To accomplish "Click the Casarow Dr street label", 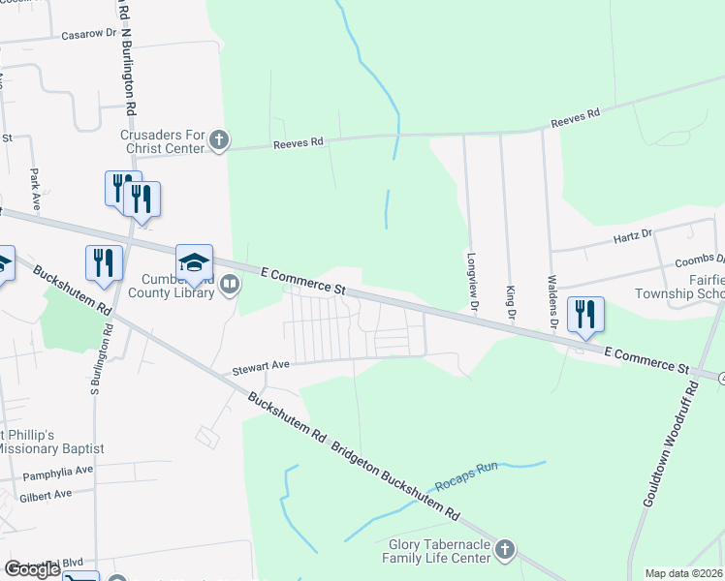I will [x=89, y=33].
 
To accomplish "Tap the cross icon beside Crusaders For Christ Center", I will [x=219, y=140].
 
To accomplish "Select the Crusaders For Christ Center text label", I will [x=163, y=141].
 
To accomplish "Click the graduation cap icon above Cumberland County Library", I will [x=194, y=261].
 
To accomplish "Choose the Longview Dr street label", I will [x=474, y=281].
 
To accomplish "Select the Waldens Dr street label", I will [x=552, y=301].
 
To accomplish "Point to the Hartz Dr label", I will [x=634, y=235].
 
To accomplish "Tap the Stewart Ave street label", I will [x=261, y=368].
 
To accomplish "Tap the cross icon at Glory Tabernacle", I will [x=503, y=551].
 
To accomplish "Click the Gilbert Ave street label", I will [x=46, y=495].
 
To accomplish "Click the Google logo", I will [x=33, y=569].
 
